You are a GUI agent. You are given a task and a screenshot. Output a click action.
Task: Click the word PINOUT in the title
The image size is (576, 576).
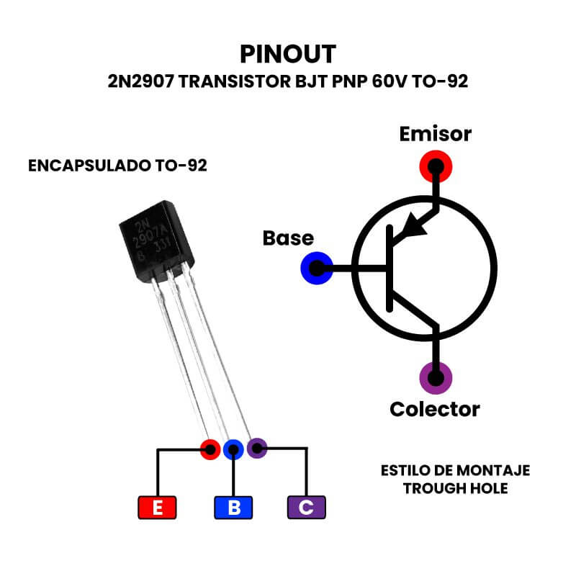point(288,55)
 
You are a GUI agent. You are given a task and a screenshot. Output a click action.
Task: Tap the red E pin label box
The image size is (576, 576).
point(157,508)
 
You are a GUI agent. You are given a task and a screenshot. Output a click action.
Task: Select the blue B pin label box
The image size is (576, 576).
point(234,508)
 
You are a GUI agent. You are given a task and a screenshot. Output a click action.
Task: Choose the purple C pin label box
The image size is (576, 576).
point(306,508)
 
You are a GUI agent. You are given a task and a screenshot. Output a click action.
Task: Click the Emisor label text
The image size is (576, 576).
point(435,134)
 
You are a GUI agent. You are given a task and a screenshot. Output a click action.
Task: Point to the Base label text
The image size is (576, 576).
point(288,238)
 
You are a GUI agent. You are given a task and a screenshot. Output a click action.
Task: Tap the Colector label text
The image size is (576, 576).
point(434,409)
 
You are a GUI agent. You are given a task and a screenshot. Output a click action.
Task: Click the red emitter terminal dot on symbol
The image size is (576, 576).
point(435,166)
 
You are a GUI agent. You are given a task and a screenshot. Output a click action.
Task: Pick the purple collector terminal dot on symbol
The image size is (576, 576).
point(435,377)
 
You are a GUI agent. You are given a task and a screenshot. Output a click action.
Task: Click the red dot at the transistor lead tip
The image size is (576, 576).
point(210,450)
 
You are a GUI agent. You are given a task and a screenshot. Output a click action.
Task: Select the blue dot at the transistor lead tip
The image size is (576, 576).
point(233,450)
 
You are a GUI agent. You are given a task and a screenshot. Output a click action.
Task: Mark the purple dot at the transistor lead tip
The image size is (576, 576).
point(257,448)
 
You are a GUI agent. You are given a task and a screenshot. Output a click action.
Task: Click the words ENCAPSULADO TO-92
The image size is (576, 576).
point(117,166)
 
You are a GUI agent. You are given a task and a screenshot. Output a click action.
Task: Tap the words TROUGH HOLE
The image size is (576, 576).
point(455,488)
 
